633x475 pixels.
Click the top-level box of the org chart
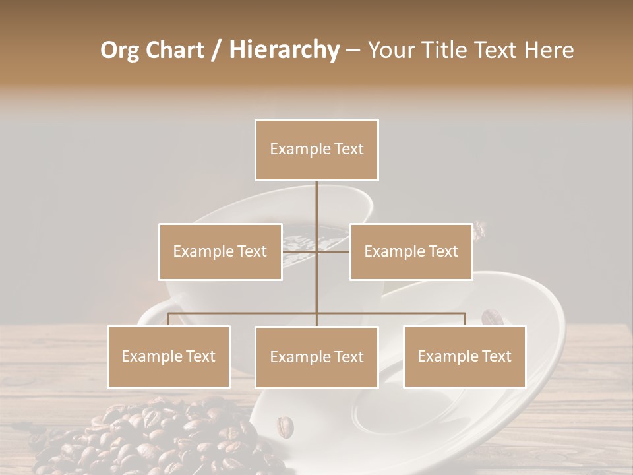coord(316,150)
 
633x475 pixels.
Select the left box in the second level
coord(220,251)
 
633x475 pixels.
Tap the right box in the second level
coord(411,251)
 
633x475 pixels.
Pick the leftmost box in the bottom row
coord(169,356)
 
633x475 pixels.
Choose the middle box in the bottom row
coord(316,357)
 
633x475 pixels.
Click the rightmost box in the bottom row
coord(464,356)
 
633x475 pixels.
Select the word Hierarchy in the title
coord(284,50)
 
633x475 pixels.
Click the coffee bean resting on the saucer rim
coord(491,318)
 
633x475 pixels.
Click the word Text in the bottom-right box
coord(496,356)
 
